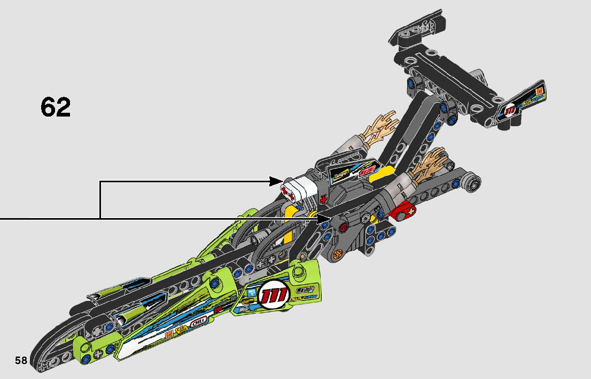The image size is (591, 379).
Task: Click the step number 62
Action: [x=56, y=107]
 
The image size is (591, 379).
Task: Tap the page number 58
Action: [x=21, y=360]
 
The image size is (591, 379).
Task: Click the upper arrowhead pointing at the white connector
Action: [x=278, y=182]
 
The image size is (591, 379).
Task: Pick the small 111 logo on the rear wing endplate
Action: [x=510, y=110]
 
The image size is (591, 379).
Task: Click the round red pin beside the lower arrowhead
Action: [x=343, y=227]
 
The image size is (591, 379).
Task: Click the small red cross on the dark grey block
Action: [x=322, y=198]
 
